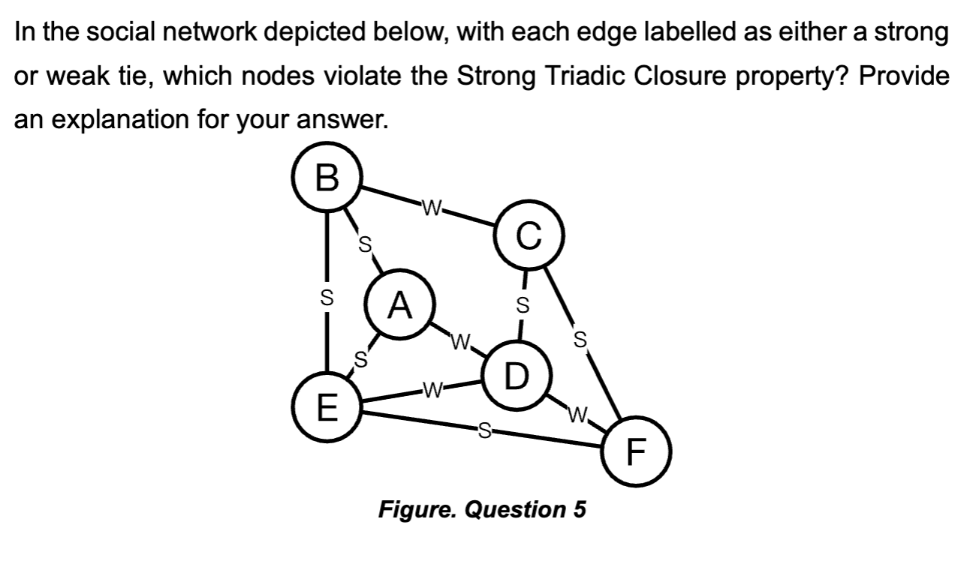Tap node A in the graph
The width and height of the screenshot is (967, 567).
[x=401, y=306]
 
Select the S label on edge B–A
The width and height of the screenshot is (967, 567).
[x=366, y=244]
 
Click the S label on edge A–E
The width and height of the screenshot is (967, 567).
[x=360, y=359]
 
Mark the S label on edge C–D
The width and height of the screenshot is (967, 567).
[x=523, y=305]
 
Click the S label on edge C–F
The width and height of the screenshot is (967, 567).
[x=579, y=337]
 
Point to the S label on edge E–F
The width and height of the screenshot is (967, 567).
[x=484, y=430]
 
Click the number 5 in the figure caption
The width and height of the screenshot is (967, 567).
[x=579, y=509]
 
